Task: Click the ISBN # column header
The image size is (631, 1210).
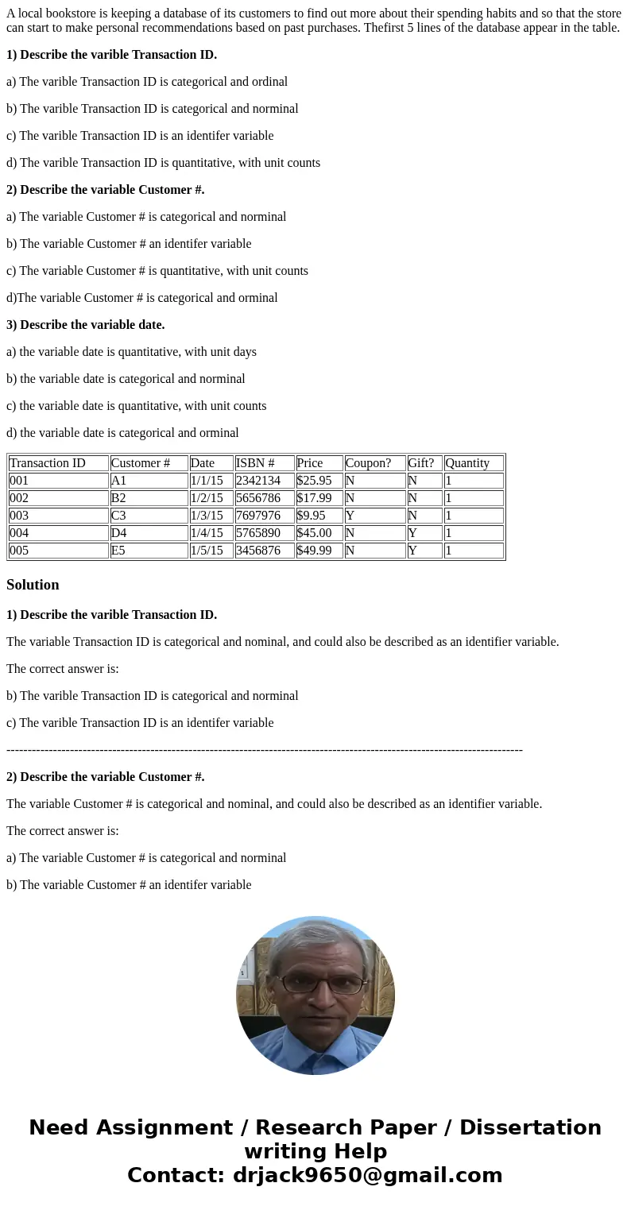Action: point(255,463)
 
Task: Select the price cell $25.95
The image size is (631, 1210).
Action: point(314,481)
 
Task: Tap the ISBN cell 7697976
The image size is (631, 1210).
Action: point(258,516)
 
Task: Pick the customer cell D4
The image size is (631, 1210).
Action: point(119,533)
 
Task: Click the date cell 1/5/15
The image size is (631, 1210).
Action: point(207,551)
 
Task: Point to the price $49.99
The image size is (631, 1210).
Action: point(314,551)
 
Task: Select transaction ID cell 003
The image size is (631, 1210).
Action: point(19,516)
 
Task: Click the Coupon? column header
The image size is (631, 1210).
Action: point(368,463)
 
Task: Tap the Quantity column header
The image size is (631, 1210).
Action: point(467,463)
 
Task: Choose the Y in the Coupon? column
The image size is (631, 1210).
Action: point(350,516)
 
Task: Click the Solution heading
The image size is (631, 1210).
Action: point(33,585)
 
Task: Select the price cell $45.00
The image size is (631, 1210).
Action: point(314,533)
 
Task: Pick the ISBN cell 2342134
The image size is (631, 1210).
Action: point(258,481)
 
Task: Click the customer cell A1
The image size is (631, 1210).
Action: point(119,481)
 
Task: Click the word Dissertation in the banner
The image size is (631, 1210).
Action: point(530,1128)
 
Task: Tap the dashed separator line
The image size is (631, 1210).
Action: point(265,750)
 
